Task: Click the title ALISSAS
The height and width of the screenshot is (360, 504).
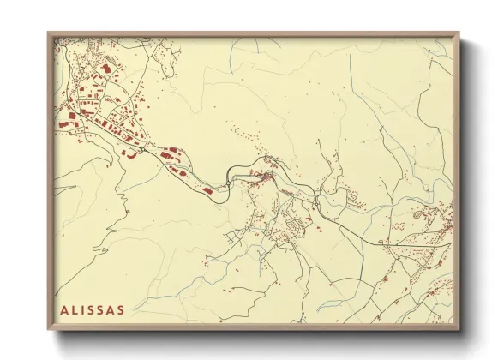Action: pyautogui.click(x=93, y=309)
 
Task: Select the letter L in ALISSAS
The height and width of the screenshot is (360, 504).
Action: pyautogui.click(x=75, y=309)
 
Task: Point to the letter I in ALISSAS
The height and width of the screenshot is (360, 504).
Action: pyautogui.click(x=85, y=309)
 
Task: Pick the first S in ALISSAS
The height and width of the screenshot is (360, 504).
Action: pyautogui.click(x=93, y=309)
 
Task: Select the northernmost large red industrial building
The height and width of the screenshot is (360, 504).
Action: pyautogui.click(x=107, y=66)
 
